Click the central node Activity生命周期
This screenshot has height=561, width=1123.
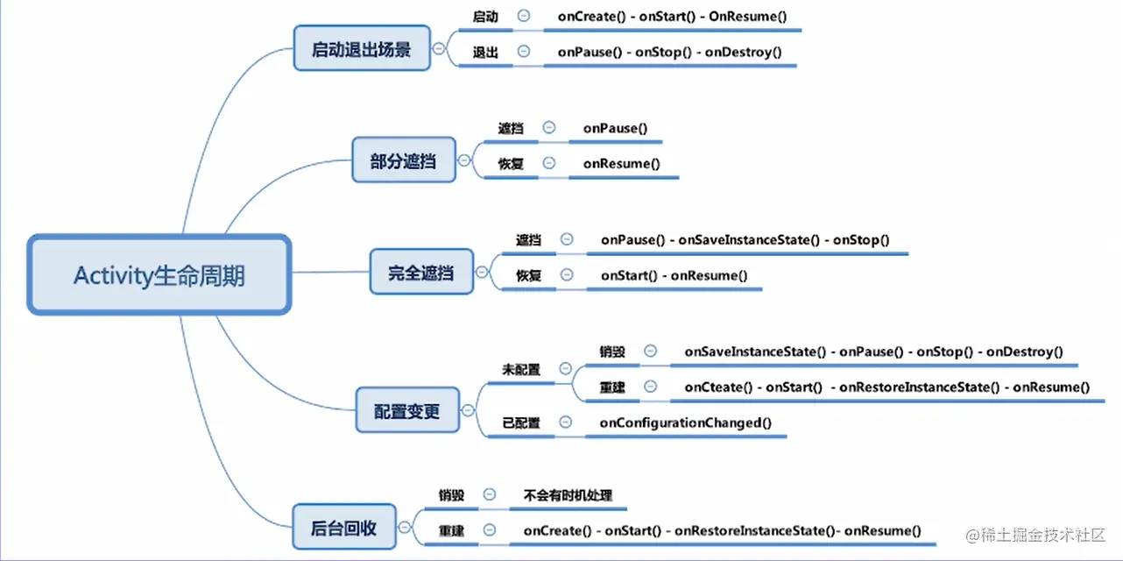159,275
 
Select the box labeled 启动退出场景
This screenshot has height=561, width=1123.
362,49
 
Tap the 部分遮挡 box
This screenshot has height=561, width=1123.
404,160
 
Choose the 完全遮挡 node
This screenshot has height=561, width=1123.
421,273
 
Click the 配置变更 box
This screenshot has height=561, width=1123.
407,409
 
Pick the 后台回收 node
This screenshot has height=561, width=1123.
344,528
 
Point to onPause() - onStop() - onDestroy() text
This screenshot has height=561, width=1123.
669,52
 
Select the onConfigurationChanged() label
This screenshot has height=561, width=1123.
685,423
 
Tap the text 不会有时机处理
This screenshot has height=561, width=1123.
567,494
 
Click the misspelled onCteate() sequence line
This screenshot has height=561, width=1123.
886,387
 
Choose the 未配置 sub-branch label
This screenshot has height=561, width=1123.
521,370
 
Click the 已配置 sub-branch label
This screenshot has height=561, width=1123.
521,423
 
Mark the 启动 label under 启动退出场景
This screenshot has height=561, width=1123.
485,17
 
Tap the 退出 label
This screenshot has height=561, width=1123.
485,52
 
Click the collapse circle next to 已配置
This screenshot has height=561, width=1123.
566,423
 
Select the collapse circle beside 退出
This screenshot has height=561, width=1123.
524,52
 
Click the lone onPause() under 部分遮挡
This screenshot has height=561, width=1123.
615,128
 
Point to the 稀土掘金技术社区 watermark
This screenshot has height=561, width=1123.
1035,535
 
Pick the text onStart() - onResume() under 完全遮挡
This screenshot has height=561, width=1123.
674,275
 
